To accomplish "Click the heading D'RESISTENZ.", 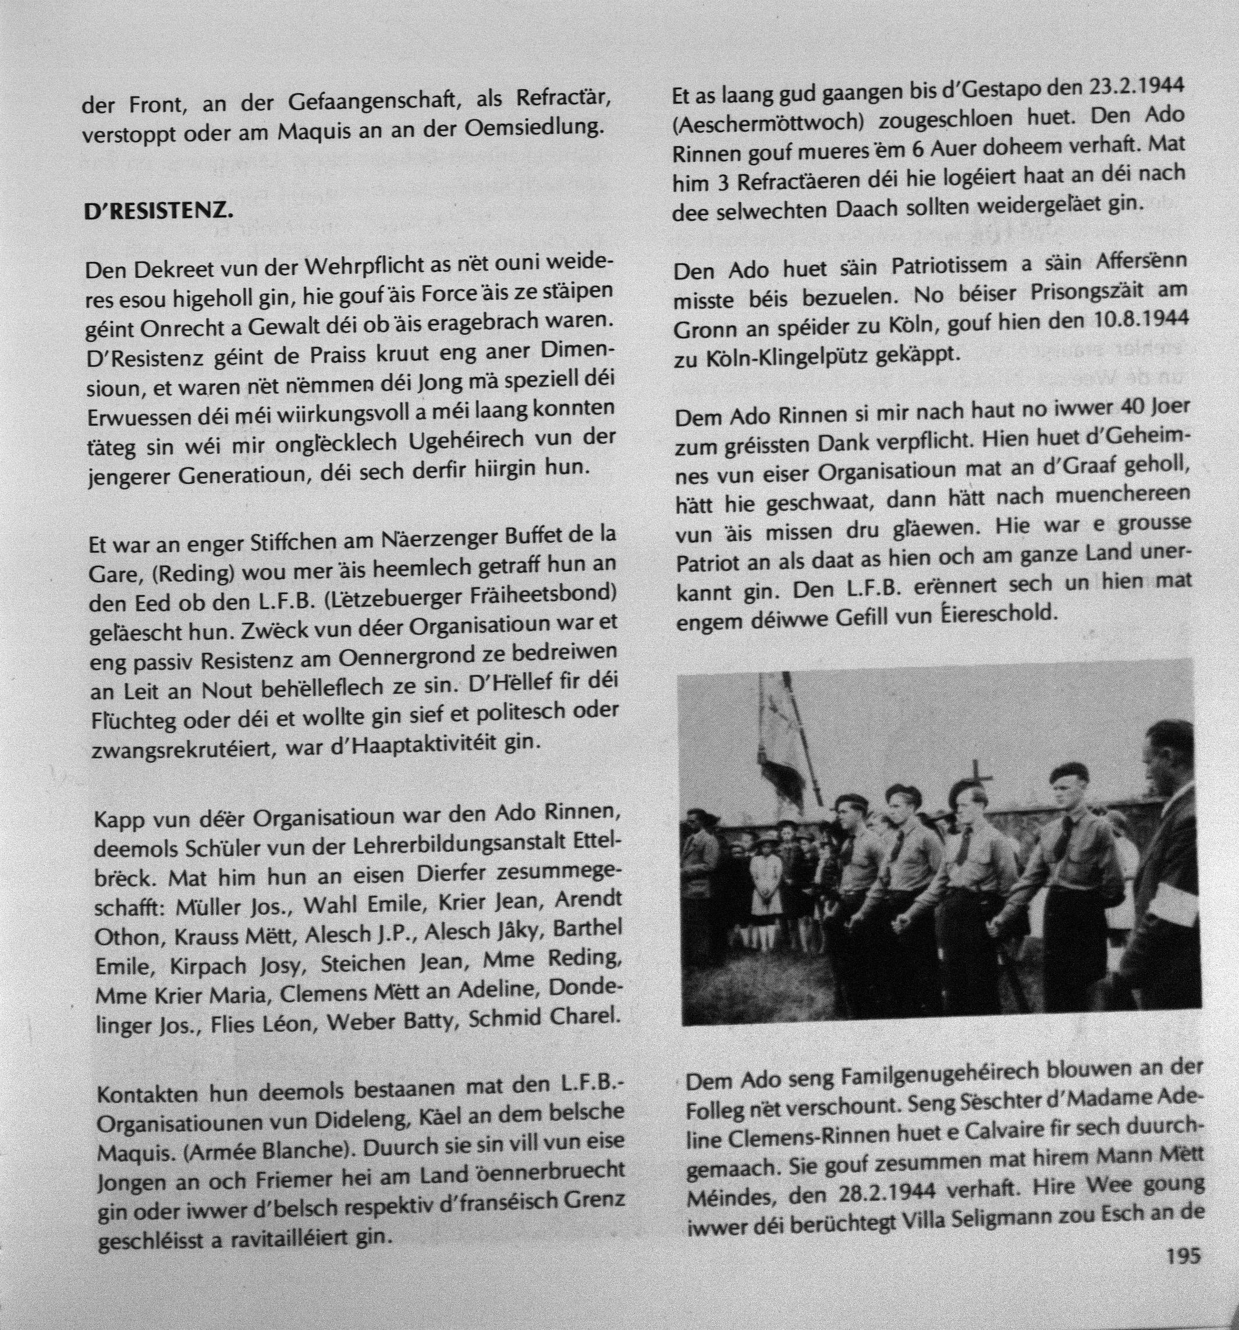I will click(159, 211).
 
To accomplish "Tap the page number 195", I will click(1184, 1255).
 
